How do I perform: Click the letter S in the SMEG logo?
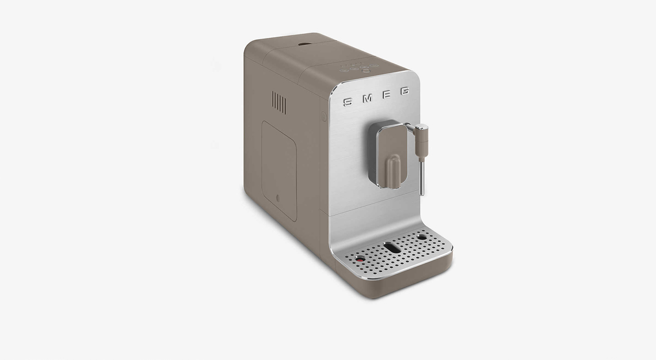click(347, 102)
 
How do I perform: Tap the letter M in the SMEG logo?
click(367, 98)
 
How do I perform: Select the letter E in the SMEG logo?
click(386, 94)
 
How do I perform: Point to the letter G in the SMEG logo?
click(405, 91)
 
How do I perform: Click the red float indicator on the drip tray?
click(360, 259)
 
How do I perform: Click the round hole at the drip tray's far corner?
click(422, 237)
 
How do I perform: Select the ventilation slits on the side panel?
click(279, 102)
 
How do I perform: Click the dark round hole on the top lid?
click(304, 43)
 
